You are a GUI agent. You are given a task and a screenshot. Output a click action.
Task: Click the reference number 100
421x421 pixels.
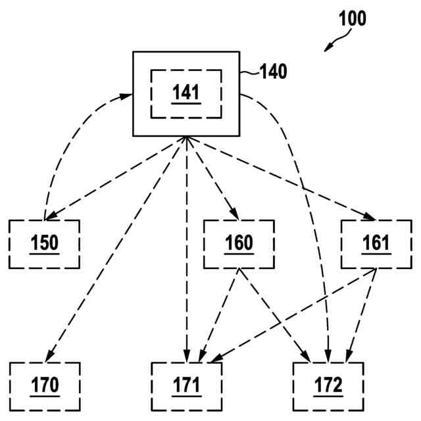pyautogui.click(x=353, y=18)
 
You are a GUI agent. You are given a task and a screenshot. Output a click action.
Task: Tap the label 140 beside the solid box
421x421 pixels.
pyautogui.click(x=274, y=72)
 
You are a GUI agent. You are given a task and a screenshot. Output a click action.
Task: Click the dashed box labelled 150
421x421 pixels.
pyautogui.click(x=45, y=244)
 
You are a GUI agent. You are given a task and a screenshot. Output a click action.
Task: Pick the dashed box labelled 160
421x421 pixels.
pyautogui.click(x=239, y=244)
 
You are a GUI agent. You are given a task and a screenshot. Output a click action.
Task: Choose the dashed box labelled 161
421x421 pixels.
pyautogui.click(x=376, y=244)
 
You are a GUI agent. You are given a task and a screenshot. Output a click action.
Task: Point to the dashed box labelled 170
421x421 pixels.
pyautogui.click(x=45, y=384)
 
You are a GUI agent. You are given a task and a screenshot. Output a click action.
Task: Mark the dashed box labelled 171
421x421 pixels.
pyautogui.click(x=186, y=384)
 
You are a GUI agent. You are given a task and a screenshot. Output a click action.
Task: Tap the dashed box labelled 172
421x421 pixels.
pyautogui.click(x=328, y=384)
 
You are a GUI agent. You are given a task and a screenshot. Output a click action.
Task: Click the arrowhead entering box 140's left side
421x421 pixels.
pyautogui.click(x=127, y=96)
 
